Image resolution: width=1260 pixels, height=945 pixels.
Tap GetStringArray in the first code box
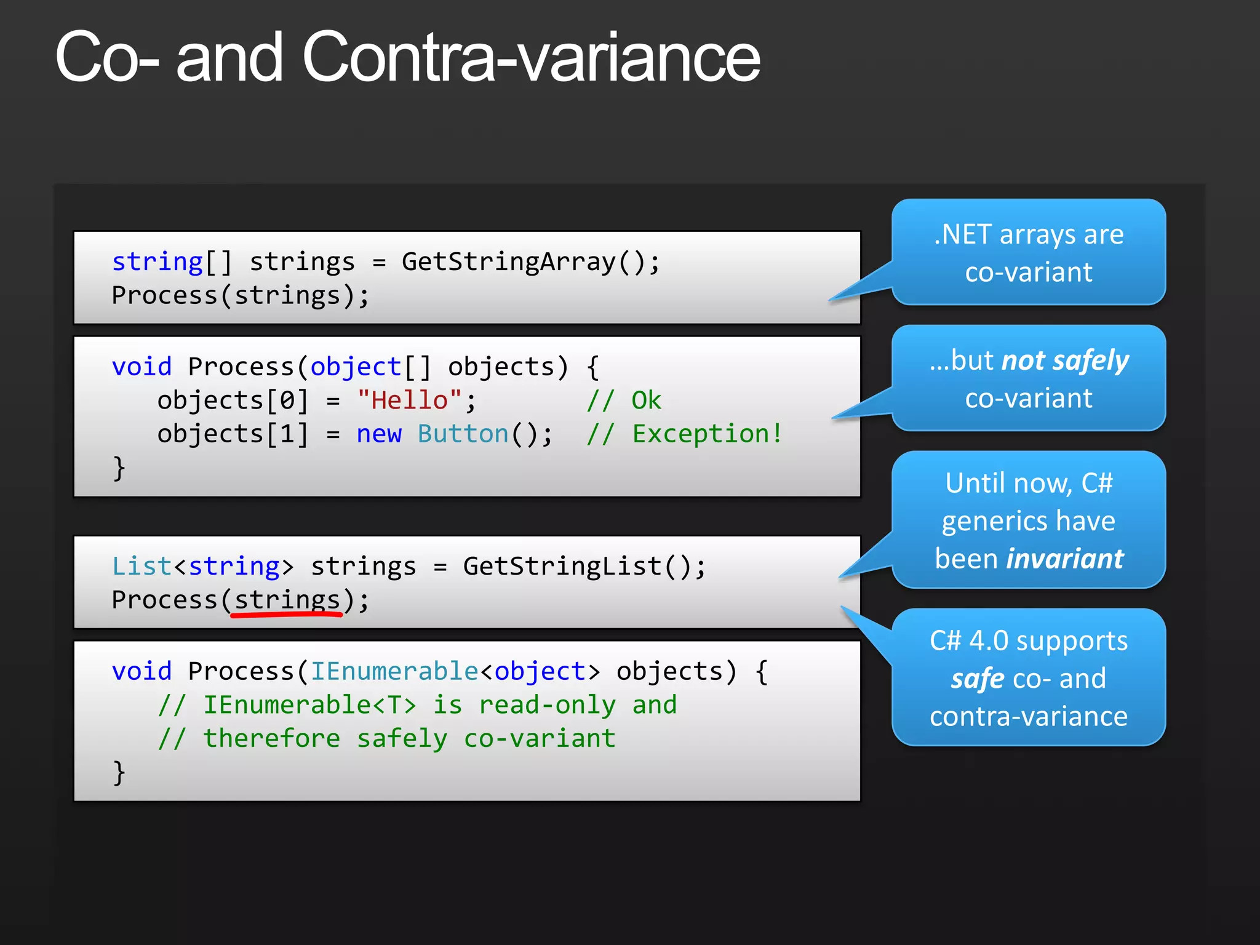point(508,262)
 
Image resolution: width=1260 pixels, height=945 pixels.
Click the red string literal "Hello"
point(409,401)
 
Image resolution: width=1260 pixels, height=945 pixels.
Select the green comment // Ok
point(623,401)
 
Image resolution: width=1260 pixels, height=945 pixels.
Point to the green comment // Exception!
point(684,434)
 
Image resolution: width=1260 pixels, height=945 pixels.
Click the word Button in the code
point(463,434)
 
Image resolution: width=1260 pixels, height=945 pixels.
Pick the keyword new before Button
point(378,434)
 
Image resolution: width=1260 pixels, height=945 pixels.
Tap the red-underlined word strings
point(287,600)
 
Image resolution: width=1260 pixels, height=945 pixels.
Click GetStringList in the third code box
point(562,566)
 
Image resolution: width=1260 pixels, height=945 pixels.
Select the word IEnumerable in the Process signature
point(394,671)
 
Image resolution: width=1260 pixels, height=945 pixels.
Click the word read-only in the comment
point(547,704)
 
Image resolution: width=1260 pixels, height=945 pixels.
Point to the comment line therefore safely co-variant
point(386,738)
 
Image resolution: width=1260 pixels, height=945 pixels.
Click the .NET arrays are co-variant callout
point(1028,252)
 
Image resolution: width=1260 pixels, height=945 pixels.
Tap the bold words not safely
point(1065,361)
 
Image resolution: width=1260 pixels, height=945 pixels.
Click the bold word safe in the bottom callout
point(977,679)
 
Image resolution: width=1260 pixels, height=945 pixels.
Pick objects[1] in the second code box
point(233,434)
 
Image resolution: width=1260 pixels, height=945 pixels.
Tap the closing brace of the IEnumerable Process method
point(119,772)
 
